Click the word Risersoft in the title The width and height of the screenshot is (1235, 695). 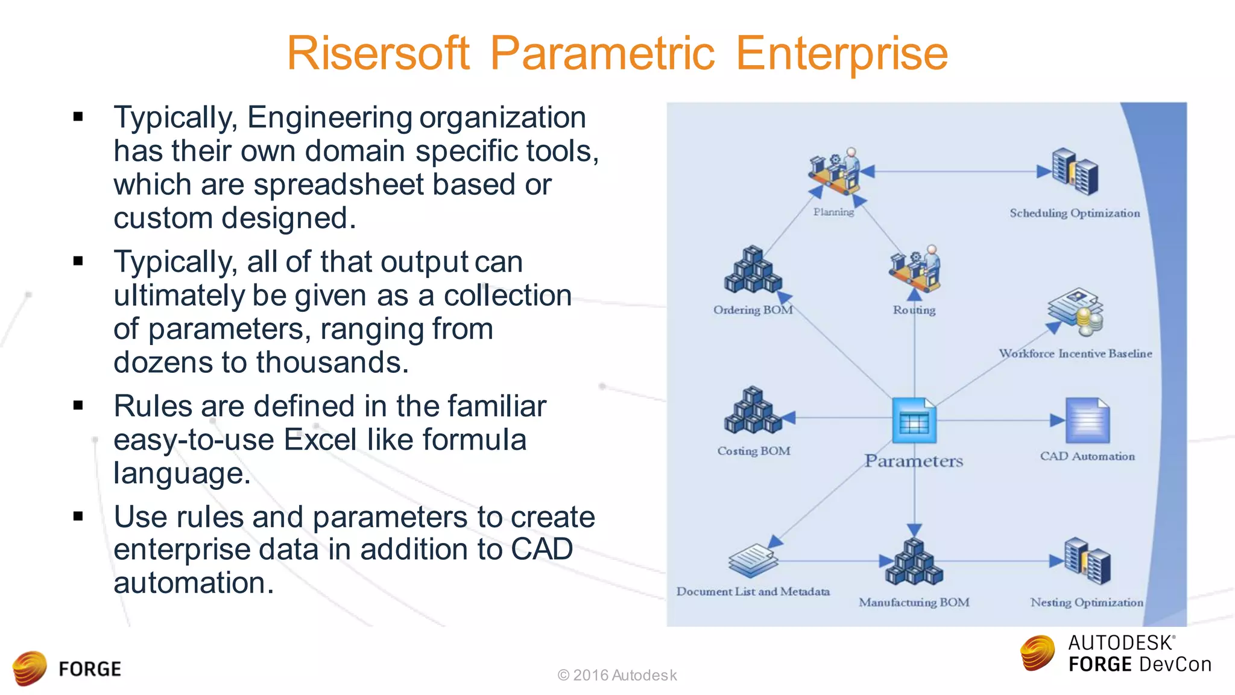tap(377, 53)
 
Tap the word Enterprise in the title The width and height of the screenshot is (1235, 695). tap(842, 53)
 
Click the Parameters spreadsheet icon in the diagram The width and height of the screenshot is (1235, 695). tap(914, 421)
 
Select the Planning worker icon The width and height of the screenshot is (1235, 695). tap(835, 172)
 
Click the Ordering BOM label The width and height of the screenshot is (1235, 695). tap(753, 310)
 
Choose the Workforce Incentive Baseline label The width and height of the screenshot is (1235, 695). tap(1075, 354)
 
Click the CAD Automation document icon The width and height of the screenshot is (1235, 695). tap(1087, 420)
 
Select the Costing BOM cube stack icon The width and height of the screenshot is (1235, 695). tap(753, 411)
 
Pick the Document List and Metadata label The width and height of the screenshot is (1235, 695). tap(753, 592)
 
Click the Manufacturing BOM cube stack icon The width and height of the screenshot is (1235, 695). tap(914, 562)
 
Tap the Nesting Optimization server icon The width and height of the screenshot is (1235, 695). tap(1087, 562)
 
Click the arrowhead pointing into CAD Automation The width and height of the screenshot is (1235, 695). tap(1057, 420)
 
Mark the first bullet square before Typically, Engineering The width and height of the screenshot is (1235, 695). tap(78, 116)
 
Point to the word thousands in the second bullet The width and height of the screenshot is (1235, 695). tap(332, 363)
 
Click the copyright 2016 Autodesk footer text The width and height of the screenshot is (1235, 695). tap(617, 675)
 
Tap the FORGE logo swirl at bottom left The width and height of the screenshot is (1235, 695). tap(30, 668)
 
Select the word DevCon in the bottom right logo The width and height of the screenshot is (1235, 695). tap(1174, 665)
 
